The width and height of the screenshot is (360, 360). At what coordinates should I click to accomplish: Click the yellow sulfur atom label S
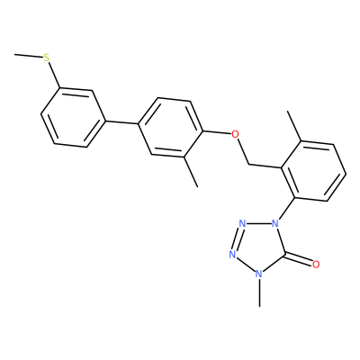click(x=46, y=58)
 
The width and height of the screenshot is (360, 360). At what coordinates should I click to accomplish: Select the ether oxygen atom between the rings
click(x=236, y=134)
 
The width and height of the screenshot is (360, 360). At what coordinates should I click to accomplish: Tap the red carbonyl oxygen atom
click(x=316, y=265)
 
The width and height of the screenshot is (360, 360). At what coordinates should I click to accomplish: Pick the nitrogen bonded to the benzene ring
click(x=274, y=223)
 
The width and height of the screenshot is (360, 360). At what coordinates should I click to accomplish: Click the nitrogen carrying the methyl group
click(x=259, y=274)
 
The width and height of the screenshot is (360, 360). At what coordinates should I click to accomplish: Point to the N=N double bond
click(x=237, y=239)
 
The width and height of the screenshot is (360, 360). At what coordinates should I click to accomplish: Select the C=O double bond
click(x=298, y=260)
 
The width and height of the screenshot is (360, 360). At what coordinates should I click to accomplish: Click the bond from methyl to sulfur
click(x=29, y=56)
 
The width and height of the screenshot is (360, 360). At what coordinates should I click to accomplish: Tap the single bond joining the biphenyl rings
click(x=121, y=122)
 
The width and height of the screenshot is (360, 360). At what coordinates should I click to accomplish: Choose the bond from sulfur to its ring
click(x=53, y=75)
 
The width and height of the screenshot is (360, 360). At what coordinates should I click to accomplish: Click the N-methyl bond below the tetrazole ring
click(x=259, y=292)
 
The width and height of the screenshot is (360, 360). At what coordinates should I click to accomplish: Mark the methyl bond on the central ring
click(x=191, y=172)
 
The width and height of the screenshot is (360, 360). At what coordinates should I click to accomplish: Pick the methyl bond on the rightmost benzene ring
click(x=295, y=126)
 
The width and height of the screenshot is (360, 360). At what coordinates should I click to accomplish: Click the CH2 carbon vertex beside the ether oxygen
click(x=249, y=165)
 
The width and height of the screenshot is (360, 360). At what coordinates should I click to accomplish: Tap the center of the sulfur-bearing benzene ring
click(x=74, y=118)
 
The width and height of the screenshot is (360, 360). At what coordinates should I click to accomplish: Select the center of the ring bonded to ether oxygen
click(x=170, y=127)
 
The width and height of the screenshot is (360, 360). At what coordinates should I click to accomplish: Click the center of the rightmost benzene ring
click(x=314, y=171)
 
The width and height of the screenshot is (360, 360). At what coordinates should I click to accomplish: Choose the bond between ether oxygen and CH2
click(x=243, y=151)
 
